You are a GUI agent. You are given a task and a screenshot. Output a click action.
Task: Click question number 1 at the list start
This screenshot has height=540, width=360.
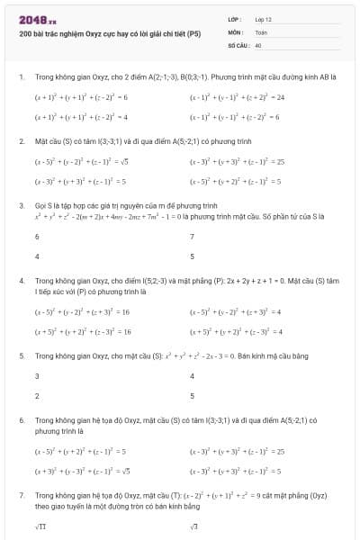click(21, 77)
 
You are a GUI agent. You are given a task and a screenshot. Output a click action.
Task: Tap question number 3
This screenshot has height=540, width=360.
click(21, 205)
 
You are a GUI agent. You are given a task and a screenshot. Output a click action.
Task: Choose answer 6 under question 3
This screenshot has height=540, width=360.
click(37, 237)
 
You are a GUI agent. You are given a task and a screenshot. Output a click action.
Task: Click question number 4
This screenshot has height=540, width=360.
click(21, 281)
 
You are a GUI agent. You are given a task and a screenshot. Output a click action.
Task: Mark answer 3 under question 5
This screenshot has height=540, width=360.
click(37, 376)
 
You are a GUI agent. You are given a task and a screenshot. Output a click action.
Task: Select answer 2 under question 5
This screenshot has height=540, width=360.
click(37, 395)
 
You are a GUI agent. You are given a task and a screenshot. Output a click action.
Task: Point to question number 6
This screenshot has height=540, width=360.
click(21, 421)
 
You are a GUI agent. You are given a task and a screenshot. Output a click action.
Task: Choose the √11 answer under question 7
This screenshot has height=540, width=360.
click(40, 526)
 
